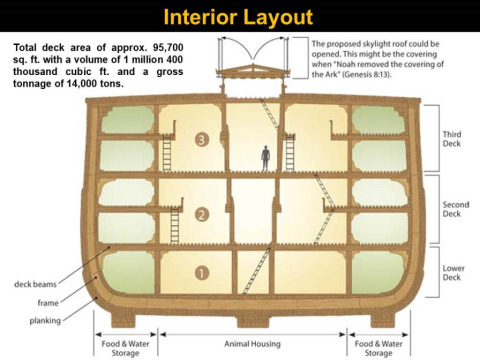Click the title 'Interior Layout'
(x=238, y=17)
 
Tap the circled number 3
(x=202, y=139)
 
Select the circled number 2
(x=202, y=215)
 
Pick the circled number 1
(x=202, y=273)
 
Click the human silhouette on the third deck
(x=265, y=158)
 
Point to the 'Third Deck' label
(x=452, y=139)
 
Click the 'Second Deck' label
(x=456, y=209)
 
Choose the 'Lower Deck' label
(x=453, y=273)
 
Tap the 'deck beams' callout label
(x=35, y=284)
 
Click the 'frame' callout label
(x=48, y=303)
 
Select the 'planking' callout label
(x=45, y=321)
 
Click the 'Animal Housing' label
(x=252, y=344)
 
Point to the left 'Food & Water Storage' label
(x=125, y=348)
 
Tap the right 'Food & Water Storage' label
(x=378, y=348)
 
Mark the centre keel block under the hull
(x=253, y=321)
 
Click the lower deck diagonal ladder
(x=257, y=271)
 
